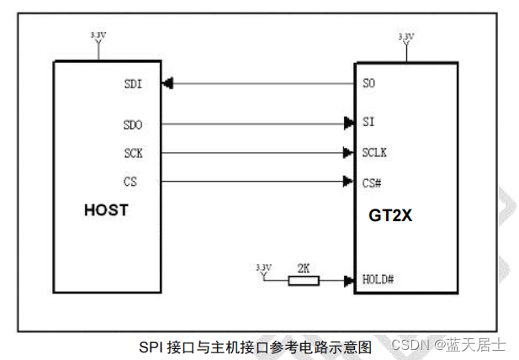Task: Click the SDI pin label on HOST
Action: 133,83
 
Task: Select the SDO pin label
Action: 133,124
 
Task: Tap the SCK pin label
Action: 133,153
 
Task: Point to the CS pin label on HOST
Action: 130,181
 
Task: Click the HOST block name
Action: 106,210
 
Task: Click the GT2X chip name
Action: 391,214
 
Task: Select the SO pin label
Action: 368,83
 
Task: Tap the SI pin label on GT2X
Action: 368,123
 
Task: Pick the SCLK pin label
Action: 374,153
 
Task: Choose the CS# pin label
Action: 372,181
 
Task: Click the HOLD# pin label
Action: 377,279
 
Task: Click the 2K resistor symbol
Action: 304,280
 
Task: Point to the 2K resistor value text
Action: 304,267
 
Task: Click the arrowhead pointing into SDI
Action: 168,83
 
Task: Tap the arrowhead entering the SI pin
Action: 348,124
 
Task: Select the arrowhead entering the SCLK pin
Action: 348,153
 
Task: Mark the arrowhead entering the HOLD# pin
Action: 348,280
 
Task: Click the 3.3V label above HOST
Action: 98,35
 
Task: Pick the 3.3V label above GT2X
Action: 406,37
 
